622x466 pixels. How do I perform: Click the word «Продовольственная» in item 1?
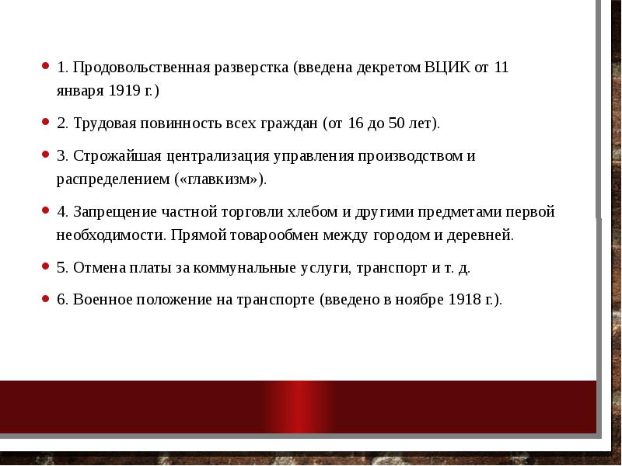point(141,67)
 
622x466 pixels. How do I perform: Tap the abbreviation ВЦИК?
point(446,67)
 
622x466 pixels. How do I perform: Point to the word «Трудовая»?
point(104,123)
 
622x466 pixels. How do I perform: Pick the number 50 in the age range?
point(397,123)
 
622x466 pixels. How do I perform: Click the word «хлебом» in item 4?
point(311,211)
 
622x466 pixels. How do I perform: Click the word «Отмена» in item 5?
point(97,267)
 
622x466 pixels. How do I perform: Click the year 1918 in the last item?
point(463,300)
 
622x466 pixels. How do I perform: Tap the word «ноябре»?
point(418,300)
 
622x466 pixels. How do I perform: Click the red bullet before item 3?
point(46,155)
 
